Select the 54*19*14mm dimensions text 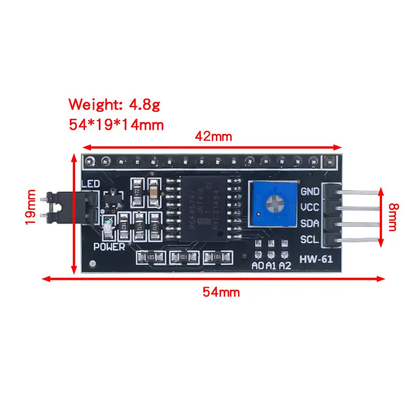coord(116,125)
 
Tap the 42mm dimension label coord(213,137)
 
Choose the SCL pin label coord(309,240)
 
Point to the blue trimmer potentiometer coord(273,204)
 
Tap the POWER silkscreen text coord(109,247)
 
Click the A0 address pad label coord(257,266)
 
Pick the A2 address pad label coord(285,266)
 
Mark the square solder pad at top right coord(329,160)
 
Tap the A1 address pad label coord(271,266)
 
